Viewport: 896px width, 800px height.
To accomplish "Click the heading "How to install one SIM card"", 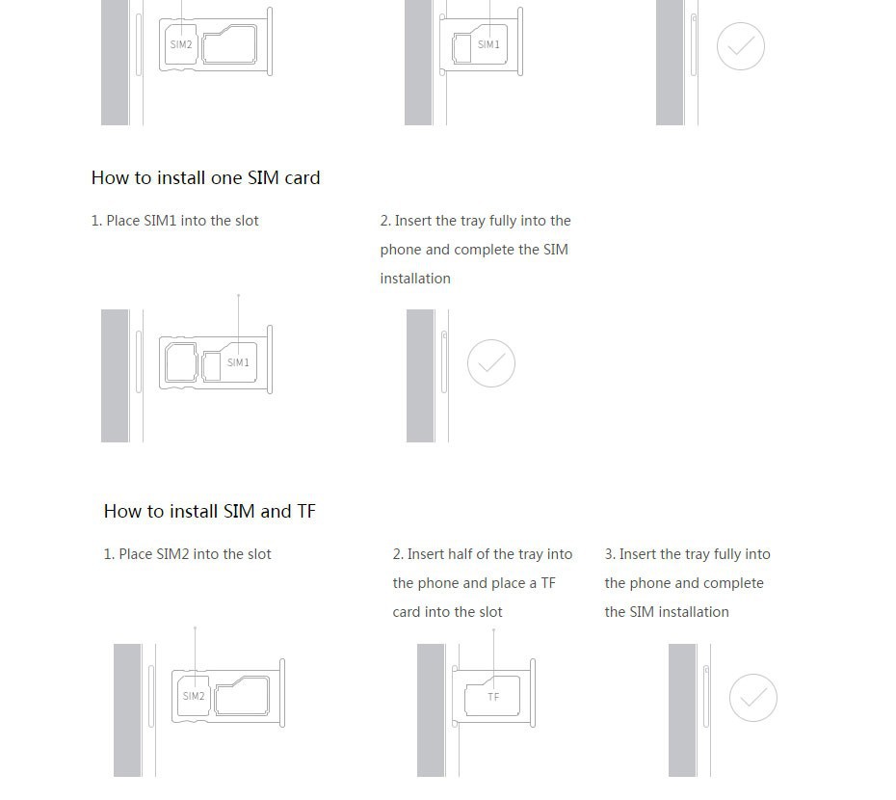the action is [x=206, y=178].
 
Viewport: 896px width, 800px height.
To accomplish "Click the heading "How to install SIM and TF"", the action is [x=210, y=511].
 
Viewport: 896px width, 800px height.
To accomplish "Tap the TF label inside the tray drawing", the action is [x=493, y=697].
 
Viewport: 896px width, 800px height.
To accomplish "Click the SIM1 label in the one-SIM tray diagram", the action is [x=238, y=362].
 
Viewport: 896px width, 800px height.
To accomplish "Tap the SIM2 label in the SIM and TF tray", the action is [x=194, y=696].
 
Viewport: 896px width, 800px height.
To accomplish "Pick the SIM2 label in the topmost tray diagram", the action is [x=181, y=44].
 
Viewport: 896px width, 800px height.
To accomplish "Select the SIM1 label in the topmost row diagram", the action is [x=488, y=44].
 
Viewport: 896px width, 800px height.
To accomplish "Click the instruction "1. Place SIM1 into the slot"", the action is [x=174, y=221].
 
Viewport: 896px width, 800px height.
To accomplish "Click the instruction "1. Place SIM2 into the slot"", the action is [x=188, y=554].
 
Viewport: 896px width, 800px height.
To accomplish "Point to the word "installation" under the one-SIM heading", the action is [x=415, y=279].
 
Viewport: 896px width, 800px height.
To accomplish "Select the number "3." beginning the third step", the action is [x=610, y=554].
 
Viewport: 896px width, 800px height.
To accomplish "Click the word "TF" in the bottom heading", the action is [x=306, y=511].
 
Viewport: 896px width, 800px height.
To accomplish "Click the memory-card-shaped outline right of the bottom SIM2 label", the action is [x=242, y=696].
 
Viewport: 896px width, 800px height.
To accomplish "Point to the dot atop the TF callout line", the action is [x=493, y=630].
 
